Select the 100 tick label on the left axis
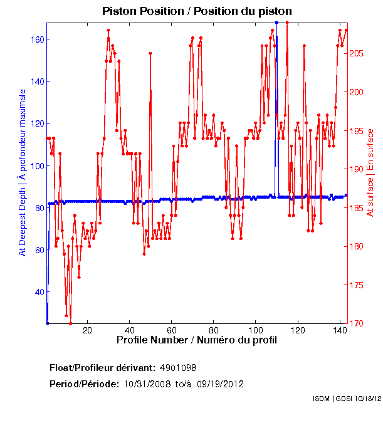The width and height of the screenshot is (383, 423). point(36,166)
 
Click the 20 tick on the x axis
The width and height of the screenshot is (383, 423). point(88,330)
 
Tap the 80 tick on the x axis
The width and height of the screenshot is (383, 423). point(214,330)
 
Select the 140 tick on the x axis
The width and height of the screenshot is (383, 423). point(340,330)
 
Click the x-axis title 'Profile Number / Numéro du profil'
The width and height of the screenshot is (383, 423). point(197,340)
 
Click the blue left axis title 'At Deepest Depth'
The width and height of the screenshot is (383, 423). point(23,172)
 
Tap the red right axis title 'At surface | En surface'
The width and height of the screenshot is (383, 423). point(370,172)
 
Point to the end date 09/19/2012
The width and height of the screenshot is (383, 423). point(220,384)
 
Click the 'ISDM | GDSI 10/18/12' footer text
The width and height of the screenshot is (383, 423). point(347,399)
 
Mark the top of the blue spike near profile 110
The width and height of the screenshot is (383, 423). point(276,23)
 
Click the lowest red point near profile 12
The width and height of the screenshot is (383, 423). point(70,323)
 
